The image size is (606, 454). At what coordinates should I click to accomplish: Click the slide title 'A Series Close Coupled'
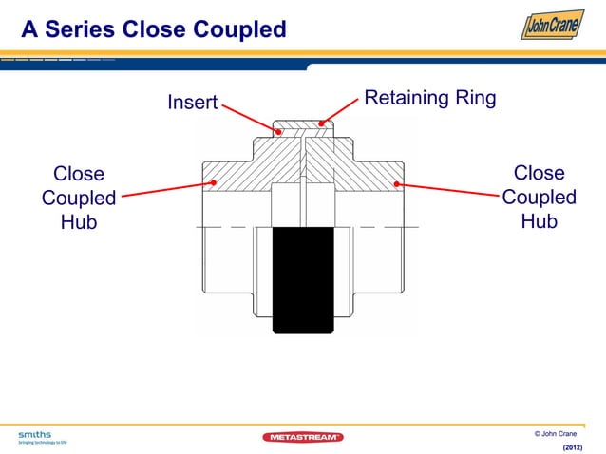153,30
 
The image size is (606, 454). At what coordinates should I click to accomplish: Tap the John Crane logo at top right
552,26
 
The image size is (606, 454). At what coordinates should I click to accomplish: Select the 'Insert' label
193,102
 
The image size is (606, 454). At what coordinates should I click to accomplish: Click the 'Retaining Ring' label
430,99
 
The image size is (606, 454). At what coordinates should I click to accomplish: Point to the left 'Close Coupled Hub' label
79,198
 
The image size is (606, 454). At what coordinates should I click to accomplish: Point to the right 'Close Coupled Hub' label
539,198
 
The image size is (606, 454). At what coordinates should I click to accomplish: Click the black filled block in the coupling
303,280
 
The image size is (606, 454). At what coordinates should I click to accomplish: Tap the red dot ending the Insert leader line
278,132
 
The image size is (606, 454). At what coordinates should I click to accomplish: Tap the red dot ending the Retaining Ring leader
322,123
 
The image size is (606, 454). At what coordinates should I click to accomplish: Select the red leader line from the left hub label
166,191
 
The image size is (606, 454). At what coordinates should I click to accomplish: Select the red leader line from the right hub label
446,191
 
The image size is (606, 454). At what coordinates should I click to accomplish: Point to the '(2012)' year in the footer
573,446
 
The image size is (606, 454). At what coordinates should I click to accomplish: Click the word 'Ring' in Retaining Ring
474,99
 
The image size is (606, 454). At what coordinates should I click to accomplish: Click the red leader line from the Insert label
250,119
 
